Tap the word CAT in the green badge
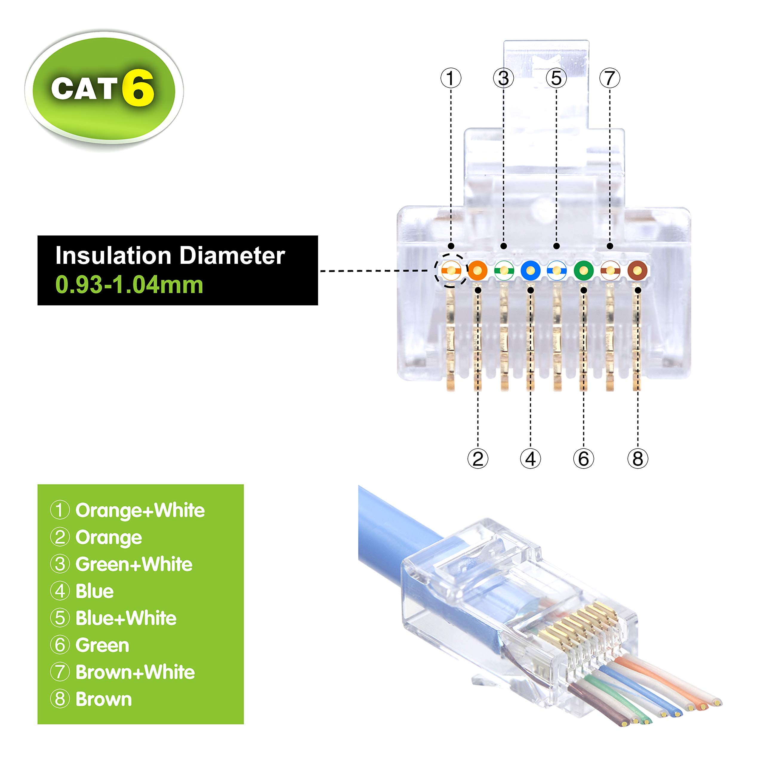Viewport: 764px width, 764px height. (x=84, y=89)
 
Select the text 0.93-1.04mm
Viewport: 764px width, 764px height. (x=129, y=285)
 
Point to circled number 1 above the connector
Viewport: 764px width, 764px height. (x=451, y=78)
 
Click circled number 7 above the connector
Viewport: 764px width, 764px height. (x=610, y=78)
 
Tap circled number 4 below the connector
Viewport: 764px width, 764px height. (x=530, y=459)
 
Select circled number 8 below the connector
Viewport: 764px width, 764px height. (x=637, y=459)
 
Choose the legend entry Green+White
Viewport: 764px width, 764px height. (x=134, y=564)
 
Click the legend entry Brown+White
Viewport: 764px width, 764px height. (x=135, y=672)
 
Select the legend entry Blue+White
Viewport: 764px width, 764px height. (x=126, y=618)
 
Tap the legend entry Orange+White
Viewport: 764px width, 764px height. (x=140, y=511)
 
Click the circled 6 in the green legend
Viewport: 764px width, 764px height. (x=60, y=645)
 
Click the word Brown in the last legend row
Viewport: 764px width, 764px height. (x=104, y=700)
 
